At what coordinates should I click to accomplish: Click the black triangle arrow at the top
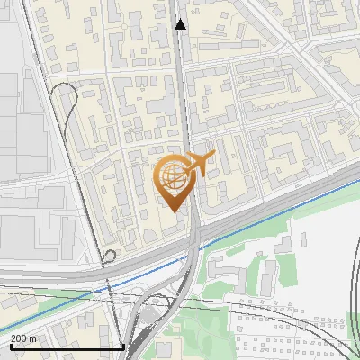[x=181, y=25]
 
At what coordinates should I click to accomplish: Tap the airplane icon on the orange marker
[x=199, y=165]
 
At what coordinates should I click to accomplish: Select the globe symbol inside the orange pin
[x=172, y=176]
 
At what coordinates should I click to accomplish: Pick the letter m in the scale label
[x=34, y=338]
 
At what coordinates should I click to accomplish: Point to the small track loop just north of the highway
[x=110, y=256]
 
